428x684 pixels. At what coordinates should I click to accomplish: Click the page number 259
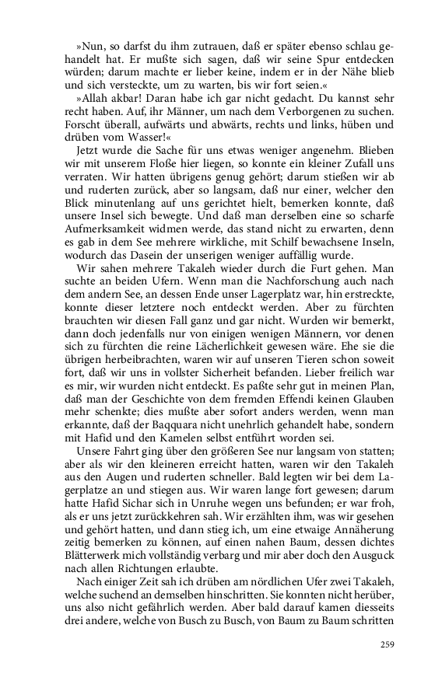click(386, 643)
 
